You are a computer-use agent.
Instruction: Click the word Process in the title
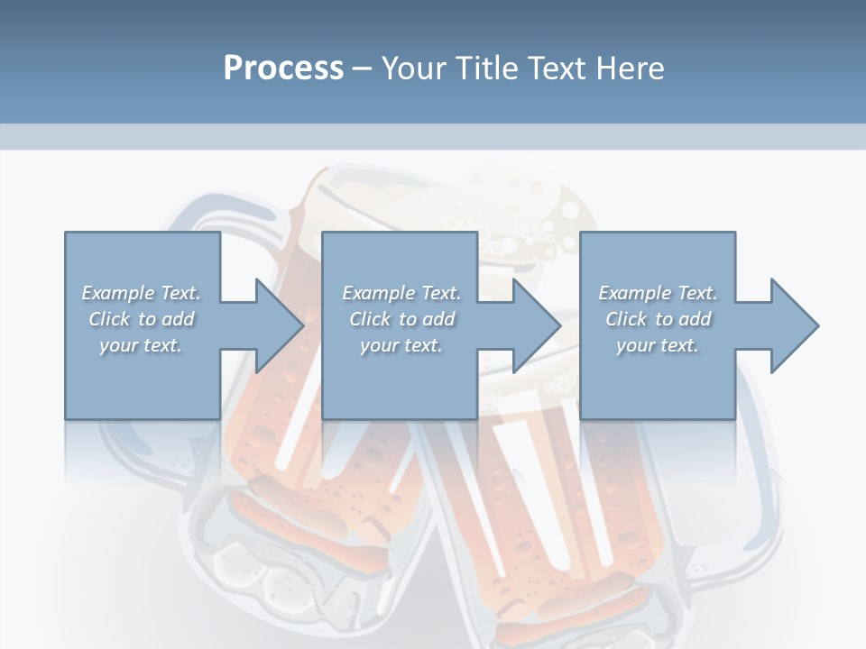coord(283,69)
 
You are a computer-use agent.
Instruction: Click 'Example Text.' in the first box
coord(141,293)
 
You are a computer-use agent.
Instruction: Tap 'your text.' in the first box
coord(141,345)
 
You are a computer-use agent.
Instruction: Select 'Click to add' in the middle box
coord(401,319)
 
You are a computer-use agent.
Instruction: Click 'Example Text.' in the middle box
coord(401,293)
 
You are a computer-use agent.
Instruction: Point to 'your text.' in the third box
coord(658,345)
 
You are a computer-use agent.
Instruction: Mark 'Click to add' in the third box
coord(658,319)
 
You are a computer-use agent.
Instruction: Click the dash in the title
coord(363,69)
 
